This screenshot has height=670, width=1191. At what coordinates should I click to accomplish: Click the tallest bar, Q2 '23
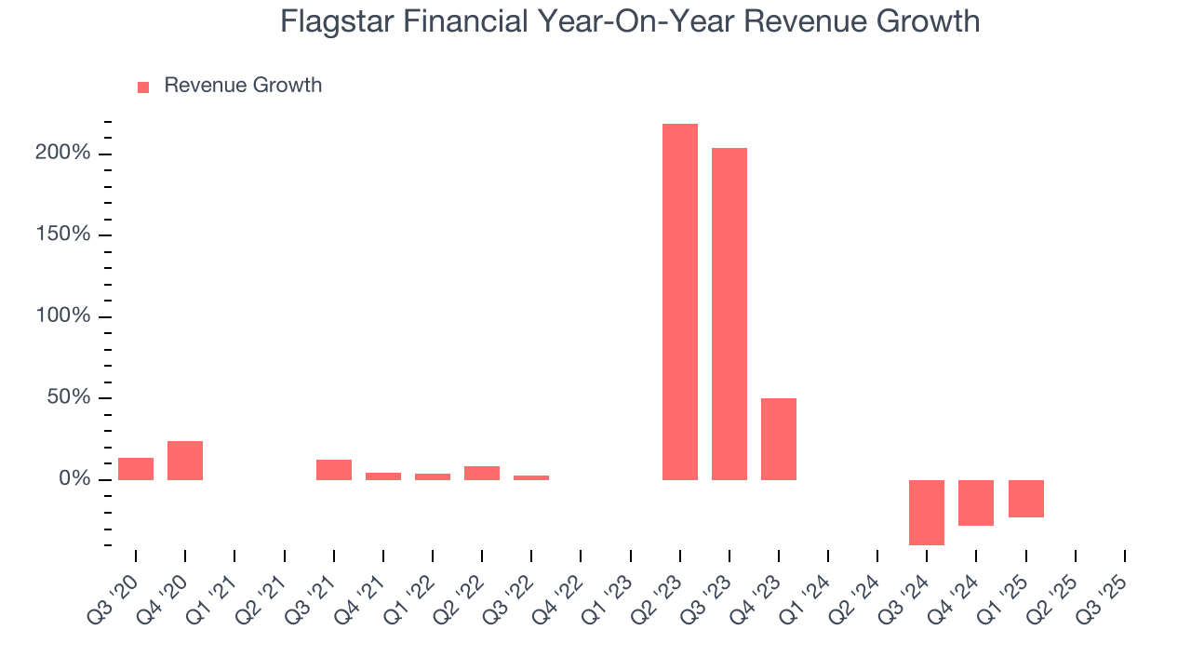(x=680, y=301)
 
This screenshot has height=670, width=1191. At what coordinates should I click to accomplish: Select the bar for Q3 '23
(x=729, y=314)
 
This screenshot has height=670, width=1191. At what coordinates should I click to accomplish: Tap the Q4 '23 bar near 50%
(x=779, y=439)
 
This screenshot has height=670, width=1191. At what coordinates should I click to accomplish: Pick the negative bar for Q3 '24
(x=927, y=512)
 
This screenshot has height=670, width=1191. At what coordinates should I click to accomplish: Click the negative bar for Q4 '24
(x=976, y=502)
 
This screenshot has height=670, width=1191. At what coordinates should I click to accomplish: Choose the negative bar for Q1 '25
(x=1026, y=499)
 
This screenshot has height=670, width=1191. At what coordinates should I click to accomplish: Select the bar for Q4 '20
(x=185, y=461)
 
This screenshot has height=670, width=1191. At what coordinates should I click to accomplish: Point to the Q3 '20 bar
(x=136, y=469)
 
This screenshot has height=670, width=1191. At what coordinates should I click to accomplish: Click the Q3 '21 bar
(x=334, y=470)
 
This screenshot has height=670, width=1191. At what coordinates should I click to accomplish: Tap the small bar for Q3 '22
(x=531, y=477)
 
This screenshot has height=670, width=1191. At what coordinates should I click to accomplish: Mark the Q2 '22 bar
(x=482, y=473)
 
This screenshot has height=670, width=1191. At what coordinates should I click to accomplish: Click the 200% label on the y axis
(x=63, y=153)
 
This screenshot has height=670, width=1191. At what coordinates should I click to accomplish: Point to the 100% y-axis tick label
(x=63, y=316)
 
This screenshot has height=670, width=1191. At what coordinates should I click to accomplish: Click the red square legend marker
(x=143, y=87)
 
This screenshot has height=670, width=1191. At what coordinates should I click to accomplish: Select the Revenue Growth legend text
(x=243, y=86)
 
